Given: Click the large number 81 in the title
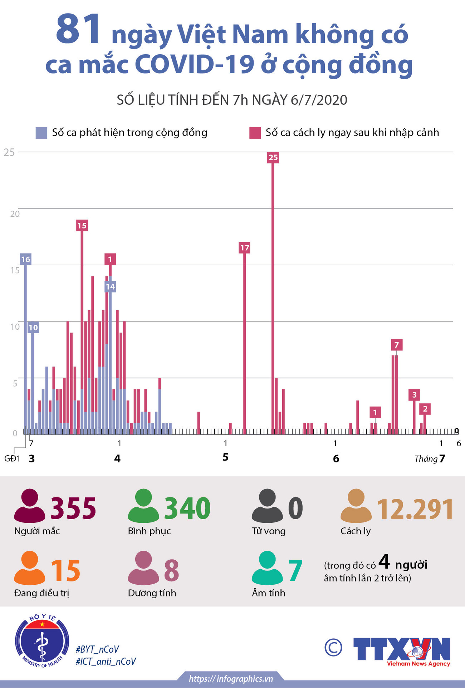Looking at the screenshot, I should pos(78,30).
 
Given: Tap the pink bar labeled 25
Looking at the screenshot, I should pos(273,293).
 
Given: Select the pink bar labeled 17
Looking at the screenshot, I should pos(245,340).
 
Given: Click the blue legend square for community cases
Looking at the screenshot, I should pos(41,133).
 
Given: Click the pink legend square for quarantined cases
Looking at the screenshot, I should pos(255,133).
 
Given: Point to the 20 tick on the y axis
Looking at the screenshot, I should pos(15,214).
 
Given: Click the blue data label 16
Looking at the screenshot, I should pos(25,259).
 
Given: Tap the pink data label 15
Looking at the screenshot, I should pos(82,226).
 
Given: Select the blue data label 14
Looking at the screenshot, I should pos(110,286).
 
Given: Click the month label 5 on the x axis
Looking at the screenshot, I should pos(225,457).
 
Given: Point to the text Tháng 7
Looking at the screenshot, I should pos(430,459).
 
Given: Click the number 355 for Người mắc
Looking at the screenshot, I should pos(73,508).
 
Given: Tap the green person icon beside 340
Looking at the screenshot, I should pos(143,506).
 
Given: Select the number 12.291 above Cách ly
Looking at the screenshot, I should pos(415,509).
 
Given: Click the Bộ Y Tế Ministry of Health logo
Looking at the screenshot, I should pos(42,642).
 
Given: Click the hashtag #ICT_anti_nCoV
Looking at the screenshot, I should pos(106,662).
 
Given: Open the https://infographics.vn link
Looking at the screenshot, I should pos(231,679).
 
